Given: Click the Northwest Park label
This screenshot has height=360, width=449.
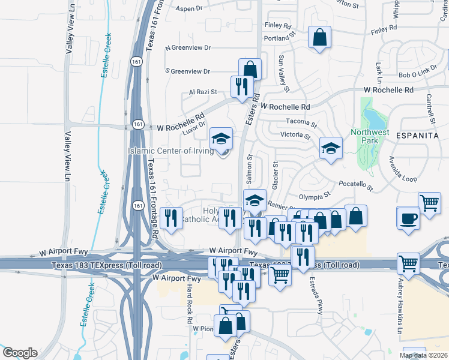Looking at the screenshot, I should point(370,137).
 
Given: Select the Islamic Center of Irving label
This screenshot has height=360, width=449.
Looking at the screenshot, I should point(170,151).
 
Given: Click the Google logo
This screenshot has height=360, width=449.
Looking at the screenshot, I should point(20,353).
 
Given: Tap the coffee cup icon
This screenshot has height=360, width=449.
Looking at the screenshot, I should point(409,218).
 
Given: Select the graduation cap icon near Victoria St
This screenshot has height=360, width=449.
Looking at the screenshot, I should point(330,148).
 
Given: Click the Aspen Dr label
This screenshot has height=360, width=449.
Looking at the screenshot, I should point(189,9).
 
